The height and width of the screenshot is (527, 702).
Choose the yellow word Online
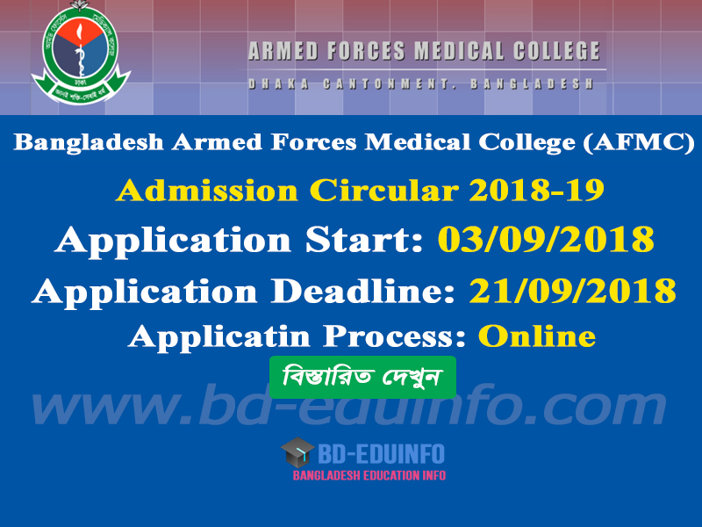(x=537, y=336)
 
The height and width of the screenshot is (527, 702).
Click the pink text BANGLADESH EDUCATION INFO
(x=369, y=475)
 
